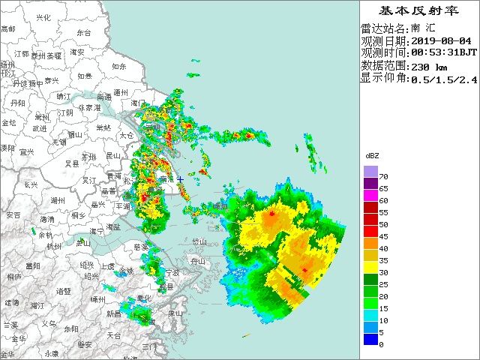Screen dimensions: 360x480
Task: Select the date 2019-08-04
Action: coord(442,40)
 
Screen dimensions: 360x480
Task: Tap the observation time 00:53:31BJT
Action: coord(443,52)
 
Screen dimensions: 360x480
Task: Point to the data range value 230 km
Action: coord(430,65)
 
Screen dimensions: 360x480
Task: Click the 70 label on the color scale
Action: coord(382,175)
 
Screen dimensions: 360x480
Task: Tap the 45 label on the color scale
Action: coord(382,238)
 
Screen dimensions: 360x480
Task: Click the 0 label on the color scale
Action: coord(381,344)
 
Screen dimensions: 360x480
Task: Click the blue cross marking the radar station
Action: coord(180,180)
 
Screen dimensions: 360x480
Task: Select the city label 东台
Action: coord(83,33)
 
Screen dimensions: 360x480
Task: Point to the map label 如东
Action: coord(118,67)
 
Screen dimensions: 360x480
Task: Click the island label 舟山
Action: coord(197,262)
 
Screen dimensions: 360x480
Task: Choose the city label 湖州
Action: coord(57,201)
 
